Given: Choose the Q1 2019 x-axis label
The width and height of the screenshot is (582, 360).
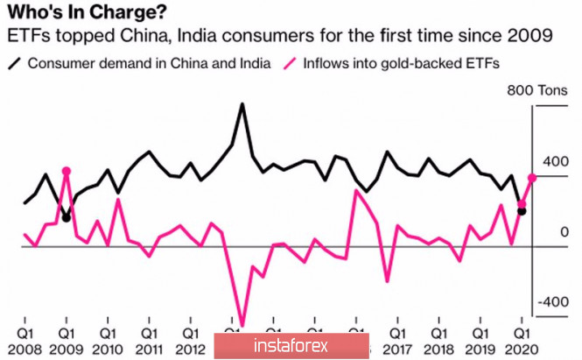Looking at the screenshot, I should (480, 342).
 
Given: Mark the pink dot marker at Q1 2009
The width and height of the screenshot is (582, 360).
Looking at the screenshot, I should (67, 172).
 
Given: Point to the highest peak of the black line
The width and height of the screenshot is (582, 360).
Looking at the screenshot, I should (242, 104).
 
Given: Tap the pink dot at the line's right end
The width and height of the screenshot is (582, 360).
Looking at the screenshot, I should (532, 177).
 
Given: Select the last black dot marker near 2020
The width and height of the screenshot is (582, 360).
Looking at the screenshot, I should (522, 211).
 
